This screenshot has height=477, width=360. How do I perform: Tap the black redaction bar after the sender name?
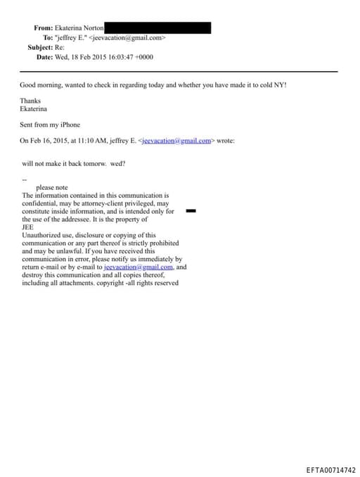pyautogui.click(x=157, y=27)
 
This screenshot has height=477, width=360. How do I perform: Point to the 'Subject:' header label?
pyautogui.click(x=39, y=47)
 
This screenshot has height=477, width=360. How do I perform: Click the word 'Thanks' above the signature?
pyautogui.click(x=30, y=101)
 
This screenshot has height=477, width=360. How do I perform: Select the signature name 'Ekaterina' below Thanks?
pyautogui.click(x=34, y=110)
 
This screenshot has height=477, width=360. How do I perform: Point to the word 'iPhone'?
pyautogui.click(x=69, y=125)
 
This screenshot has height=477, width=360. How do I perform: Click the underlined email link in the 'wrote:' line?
pyautogui.click(x=176, y=141)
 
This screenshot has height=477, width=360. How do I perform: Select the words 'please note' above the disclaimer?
pyautogui.click(x=51, y=188)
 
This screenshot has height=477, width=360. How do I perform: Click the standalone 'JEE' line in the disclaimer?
pyautogui.click(x=28, y=227)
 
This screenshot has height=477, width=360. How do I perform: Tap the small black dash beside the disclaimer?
pyautogui.click(x=190, y=210)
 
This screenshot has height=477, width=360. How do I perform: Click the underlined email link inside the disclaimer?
pyautogui.click(x=138, y=267)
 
